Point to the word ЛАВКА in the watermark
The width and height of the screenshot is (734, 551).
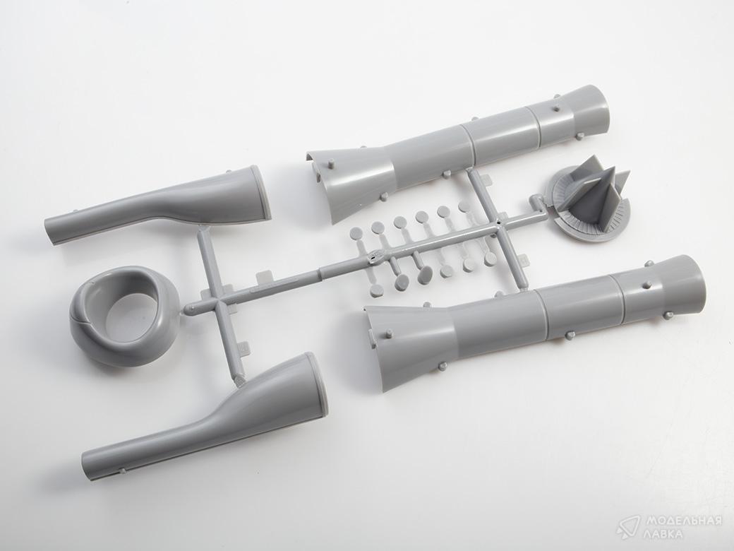tap(662, 534)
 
